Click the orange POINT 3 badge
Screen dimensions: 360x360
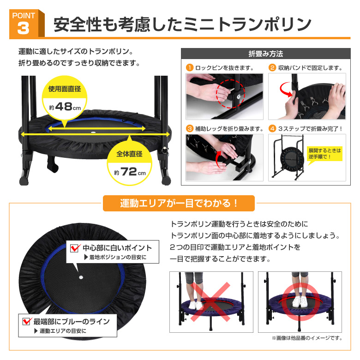pos(27,23)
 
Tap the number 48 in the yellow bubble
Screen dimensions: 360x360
pos(64,107)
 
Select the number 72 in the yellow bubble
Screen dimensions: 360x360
pos(129,172)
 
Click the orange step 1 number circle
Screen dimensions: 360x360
pos(190,68)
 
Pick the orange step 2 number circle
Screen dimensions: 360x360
pos(272,68)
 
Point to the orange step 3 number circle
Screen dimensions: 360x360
pos(190,129)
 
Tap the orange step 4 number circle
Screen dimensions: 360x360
pos(272,129)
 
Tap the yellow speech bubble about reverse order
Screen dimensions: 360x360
pos(324,154)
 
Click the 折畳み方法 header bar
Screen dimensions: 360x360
pos(266,54)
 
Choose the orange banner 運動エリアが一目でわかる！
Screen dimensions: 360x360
pos(179,203)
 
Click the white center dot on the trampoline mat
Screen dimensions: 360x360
pos(81,277)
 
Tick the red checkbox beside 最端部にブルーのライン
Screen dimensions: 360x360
pos(27,321)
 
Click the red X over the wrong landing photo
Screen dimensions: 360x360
pos(210,302)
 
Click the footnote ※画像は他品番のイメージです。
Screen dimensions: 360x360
pos(307,338)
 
